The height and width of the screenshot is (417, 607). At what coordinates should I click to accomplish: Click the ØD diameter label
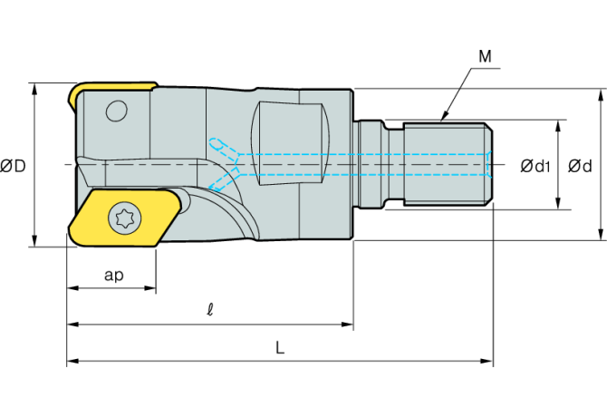point(13,166)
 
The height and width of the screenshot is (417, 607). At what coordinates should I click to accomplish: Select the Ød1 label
point(535,167)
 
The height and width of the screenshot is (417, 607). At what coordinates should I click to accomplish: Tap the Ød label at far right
point(580,167)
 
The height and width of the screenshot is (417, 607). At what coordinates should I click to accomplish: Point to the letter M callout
point(485,56)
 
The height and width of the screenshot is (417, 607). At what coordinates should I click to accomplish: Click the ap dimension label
point(114,276)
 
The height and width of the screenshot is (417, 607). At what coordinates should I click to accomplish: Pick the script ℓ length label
point(210,309)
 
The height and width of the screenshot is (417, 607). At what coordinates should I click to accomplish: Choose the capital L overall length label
point(280,348)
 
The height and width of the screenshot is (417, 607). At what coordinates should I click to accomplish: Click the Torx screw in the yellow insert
point(125,218)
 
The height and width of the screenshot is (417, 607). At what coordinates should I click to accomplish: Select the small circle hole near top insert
point(117,112)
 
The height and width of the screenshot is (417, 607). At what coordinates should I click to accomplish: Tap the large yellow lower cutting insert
point(124,217)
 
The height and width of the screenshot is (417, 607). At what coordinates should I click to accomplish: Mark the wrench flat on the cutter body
point(290,143)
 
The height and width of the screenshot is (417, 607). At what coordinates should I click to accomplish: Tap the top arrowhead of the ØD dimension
point(34,89)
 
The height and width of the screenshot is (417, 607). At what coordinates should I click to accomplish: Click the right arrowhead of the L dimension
point(487,361)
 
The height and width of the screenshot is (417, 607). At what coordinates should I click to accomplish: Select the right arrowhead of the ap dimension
point(149,288)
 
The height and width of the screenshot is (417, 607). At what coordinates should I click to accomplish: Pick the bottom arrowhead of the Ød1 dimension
point(558,203)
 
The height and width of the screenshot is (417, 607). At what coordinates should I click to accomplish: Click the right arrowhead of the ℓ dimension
point(347,324)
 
